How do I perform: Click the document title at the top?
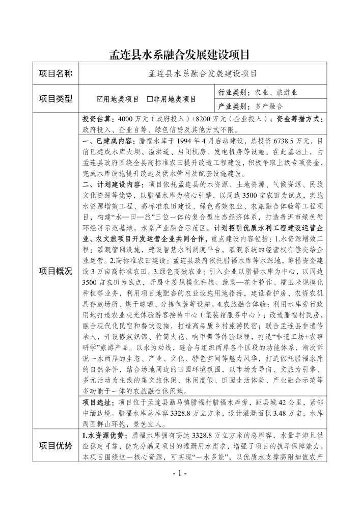coord(180,55)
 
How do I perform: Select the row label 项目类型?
coord(57,98)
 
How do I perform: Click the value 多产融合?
coord(269,107)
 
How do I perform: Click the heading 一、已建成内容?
coord(108,140)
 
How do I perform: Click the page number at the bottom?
coord(180,473)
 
